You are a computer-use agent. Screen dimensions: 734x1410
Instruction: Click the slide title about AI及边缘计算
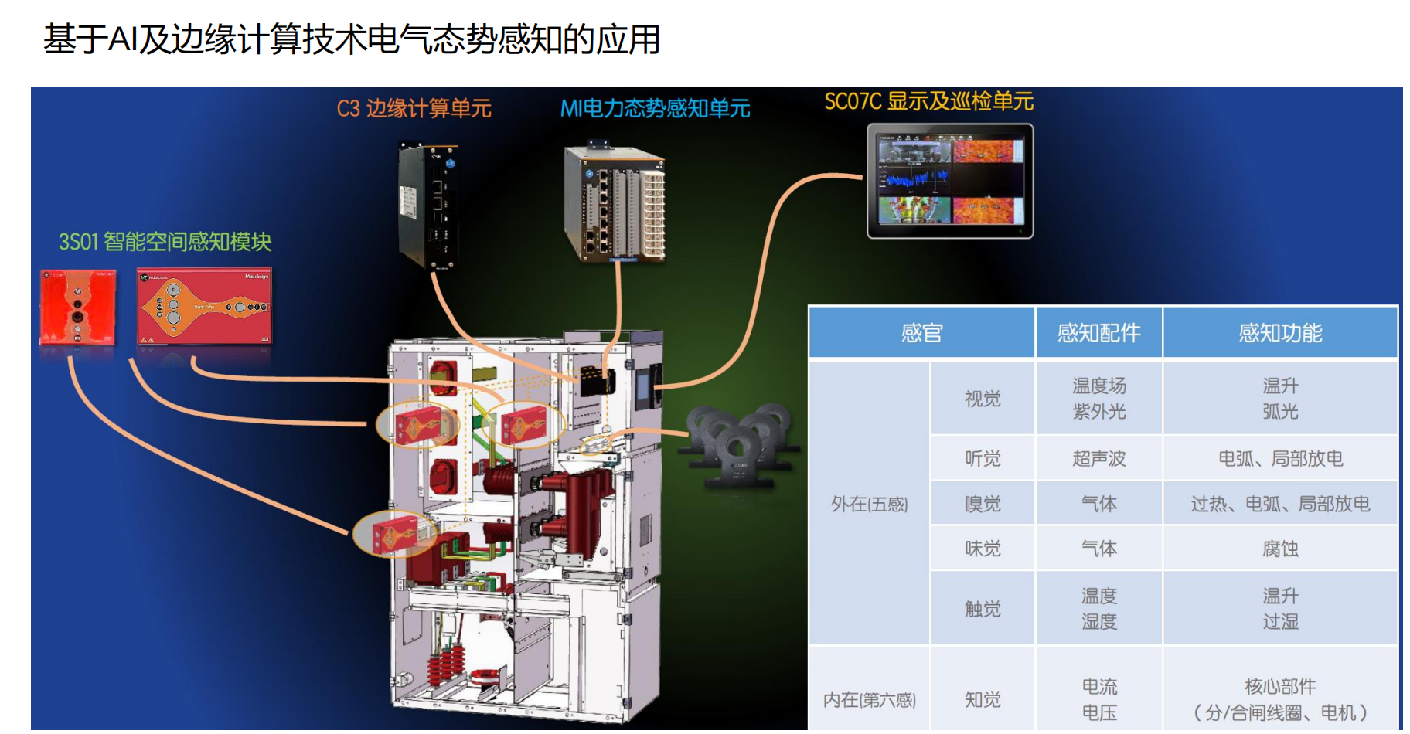pyautogui.click(x=352, y=39)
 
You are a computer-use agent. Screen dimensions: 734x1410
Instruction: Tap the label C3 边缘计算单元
pyautogui.click(x=414, y=108)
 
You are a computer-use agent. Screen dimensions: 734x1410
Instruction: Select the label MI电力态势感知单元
pyautogui.click(x=655, y=108)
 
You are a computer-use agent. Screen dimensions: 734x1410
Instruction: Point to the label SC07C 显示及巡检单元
pyautogui.click(x=928, y=101)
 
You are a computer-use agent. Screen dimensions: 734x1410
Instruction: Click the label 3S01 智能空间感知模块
pyautogui.click(x=165, y=242)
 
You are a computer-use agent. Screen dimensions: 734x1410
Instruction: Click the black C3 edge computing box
pyautogui.click(x=427, y=206)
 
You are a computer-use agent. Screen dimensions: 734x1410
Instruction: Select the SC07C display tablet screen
pyautogui.click(x=950, y=181)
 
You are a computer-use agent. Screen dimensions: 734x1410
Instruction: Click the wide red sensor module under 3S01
pyautogui.click(x=204, y=306)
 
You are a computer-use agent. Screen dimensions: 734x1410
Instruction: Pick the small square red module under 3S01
pyautogui.click(x=77, y=307)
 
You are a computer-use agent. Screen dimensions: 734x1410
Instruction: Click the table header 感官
pyautogui.click(x=921, y=333)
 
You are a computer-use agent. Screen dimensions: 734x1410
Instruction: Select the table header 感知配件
pyautogui.click(x=1098, y=333)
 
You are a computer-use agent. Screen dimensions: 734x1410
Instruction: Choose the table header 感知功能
pyautogui.click(x=1280, y=333)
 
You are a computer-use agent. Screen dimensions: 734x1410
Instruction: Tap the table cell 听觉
pyautogui.click(x=983, y=458)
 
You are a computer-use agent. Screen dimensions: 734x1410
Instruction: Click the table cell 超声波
pyautogui.click(x=1098, y=458)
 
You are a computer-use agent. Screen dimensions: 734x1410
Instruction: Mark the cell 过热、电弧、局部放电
pyautogui.click(x=1280, y=504)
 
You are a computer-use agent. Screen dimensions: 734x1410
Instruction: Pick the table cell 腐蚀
pyautogui.click(x=1280, y=549)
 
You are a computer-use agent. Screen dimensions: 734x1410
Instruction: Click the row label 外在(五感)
pyautogui.click(x=869, y=504)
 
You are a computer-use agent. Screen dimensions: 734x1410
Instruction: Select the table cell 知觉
pyautogui.click(x=983, y=699)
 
